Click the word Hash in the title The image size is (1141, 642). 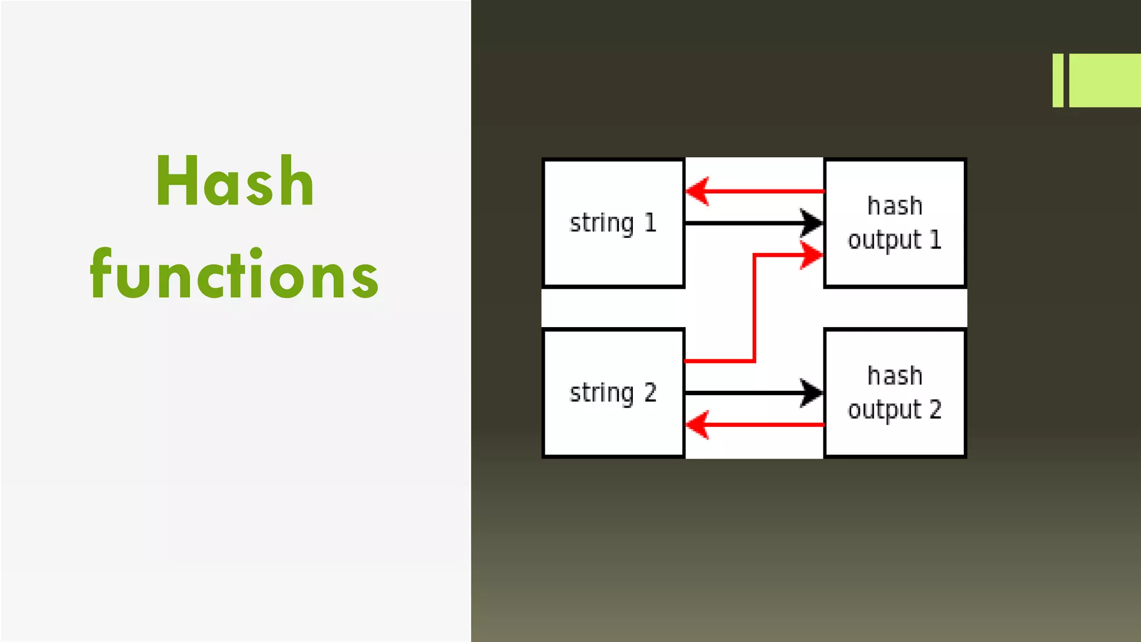[x=235, y=182]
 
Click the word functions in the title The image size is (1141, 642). [x=235, y=275]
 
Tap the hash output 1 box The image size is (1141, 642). [x=895, y=267]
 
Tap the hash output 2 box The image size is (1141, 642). [x=895, y=437]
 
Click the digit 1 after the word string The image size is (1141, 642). [x=650, y=223]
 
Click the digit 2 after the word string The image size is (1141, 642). [x=650, y=393]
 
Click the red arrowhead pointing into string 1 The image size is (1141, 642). [x=697, y=191]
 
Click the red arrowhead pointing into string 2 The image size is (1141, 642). [x=697, y=425]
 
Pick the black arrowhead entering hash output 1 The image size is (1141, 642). [x=811, y=223]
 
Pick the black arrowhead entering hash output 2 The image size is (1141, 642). [x=811, y=393]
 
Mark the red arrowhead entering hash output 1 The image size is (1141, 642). [x=811, y=255]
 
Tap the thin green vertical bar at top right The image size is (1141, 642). [x=1057, y=80]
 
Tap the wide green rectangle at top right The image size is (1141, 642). [x=1105, y=80]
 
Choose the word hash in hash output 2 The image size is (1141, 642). [x=895, y=376]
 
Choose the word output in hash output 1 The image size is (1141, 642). [x=884, y=240]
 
